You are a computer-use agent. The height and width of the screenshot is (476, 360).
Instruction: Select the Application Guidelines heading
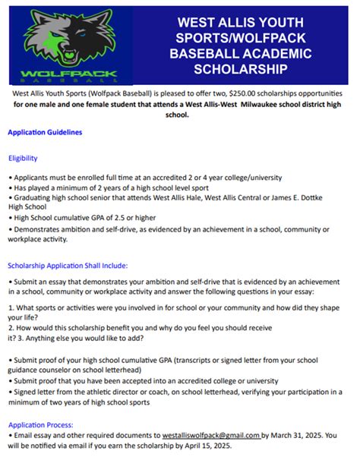pyautogui.click(x=45, y=132)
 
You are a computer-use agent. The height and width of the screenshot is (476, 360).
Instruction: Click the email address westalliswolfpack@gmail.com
pyautogui.click(x=210, y=436)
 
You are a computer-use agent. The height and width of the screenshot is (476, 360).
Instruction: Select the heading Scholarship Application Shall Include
pyautogui.click(x=68, y=266)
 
